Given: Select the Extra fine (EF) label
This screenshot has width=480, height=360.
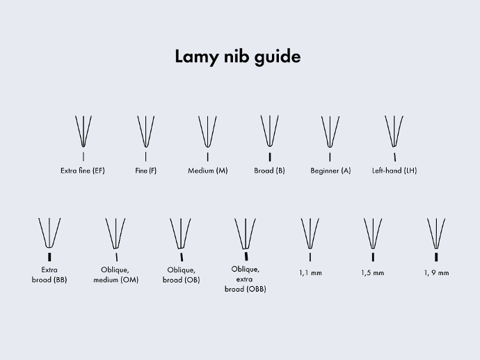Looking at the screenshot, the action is pos(83,171).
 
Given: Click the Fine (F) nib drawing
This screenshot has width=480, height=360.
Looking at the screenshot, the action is pos(145,132).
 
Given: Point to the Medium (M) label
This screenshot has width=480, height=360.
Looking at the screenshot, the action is pos(208,171).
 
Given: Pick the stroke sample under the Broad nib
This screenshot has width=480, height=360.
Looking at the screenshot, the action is pos(270,157).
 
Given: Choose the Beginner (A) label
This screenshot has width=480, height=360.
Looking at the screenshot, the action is pos(330,171).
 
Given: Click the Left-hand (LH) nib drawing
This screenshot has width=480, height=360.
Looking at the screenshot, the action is pos(394,132).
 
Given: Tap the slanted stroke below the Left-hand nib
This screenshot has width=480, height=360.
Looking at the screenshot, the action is pos(395,157).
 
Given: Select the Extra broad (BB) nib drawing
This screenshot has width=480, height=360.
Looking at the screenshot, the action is pos(49,233).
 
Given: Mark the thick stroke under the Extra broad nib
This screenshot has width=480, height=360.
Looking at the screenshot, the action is pos(49,257).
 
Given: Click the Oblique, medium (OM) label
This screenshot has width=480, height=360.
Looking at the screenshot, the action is pos(115,275).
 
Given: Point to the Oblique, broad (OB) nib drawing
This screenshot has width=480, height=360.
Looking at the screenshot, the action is pos(180,233).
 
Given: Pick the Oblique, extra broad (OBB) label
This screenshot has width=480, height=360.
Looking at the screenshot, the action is pos(245,279).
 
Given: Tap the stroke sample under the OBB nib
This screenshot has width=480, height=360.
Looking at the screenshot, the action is pos(246,256).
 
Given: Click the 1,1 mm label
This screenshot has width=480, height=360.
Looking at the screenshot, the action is pos(310,273).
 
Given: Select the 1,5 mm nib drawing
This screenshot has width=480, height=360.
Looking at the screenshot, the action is pos(373,233).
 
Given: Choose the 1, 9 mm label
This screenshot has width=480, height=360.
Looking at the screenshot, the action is pos(437,273).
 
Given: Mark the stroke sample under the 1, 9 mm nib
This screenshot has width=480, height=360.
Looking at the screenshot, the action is pos(436,257).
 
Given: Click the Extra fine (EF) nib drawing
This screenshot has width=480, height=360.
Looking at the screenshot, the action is pos(83,132).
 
